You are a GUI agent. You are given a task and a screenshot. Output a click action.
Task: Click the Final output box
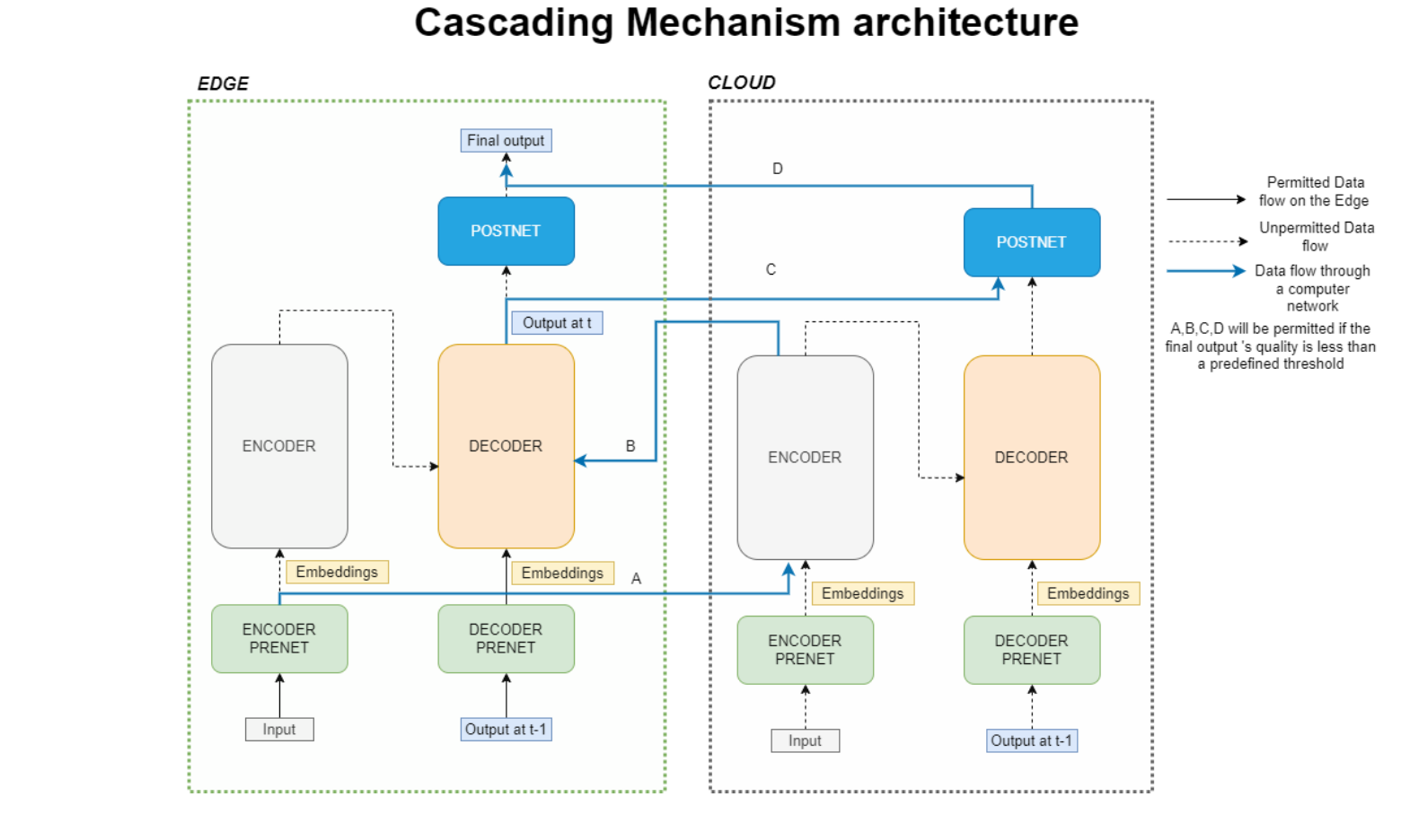click(x=506, y=141)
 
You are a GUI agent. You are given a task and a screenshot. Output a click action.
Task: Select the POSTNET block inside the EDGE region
click(x=506, y=231)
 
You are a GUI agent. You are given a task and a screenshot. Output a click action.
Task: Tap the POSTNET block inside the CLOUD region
click(x=1031, y=242)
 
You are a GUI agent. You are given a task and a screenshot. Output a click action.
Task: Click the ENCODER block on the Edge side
click(x=279, y=446)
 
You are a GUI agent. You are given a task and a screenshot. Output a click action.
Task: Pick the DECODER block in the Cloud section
click(x=1031, y=457)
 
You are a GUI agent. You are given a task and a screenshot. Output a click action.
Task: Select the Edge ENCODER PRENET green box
click(x=279, y=638)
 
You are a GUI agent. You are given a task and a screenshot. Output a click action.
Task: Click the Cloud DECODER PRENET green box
click(x=1031, y=650)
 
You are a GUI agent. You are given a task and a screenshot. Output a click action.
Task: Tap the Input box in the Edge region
click(x=279, y=730)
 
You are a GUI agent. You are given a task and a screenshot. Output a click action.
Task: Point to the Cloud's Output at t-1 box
click(x=1031, y=740)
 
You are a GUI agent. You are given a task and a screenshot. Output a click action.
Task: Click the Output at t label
click(x=557, y=323)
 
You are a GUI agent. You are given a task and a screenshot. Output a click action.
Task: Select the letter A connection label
click(x=636, y=579)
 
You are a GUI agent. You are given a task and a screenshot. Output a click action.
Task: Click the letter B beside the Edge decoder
click(x=630, y=446)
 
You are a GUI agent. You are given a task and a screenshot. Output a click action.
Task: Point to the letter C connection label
click(x=771, y=269)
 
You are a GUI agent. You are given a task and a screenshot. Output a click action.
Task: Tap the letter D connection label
click(x=778, y=169)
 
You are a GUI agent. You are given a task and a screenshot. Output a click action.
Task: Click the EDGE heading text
click(x=223, y=83)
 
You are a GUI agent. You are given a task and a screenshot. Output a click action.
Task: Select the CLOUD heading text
click(x=741, y=83)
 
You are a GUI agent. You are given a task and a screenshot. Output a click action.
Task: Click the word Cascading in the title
click(x=514, y=22)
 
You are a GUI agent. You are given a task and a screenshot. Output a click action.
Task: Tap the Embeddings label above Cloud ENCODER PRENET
click(x=862, y=593)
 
